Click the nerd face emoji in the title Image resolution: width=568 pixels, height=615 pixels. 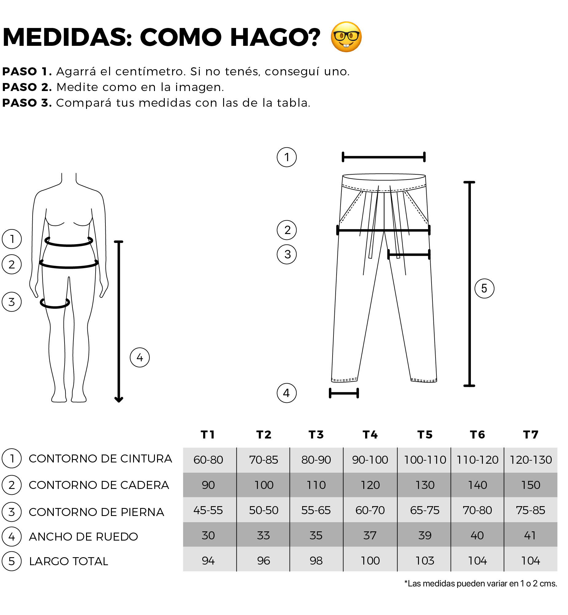[x=346, y=37]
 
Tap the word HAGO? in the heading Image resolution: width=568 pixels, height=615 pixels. [x=275, y=37]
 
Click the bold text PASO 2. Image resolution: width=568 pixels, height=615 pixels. [x=27, y=87]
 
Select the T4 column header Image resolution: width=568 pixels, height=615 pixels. [x=370, y=434]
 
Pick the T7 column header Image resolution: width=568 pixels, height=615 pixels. [x=531, y=434]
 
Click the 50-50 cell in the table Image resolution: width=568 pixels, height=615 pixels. [x=264, y=510]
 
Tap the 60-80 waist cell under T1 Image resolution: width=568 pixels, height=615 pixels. [x=208, y=460]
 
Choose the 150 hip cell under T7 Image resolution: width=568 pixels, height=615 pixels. [x=531, y=485]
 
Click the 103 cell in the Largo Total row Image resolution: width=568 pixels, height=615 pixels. [x=425, y=561]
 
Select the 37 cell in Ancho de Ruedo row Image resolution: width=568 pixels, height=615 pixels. [x=370, y=535]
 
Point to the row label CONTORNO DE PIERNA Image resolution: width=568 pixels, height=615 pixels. [x=97, y=512]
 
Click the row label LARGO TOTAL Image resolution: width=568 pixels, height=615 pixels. [x=69, y=561]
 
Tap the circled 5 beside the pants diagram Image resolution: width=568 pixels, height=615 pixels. [x=484, y=288]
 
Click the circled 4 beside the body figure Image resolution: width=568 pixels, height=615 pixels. [x=140, y=357]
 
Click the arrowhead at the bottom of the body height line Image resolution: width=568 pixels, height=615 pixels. [x=119, y=399]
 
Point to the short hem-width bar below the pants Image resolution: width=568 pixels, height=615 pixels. [x=344, y=393]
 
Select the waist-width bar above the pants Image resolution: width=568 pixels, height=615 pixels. [x=384, y=157]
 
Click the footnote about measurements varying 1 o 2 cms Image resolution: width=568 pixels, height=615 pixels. [x=481, y=583]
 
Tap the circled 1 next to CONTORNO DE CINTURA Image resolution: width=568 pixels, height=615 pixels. [x=12, y=458]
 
